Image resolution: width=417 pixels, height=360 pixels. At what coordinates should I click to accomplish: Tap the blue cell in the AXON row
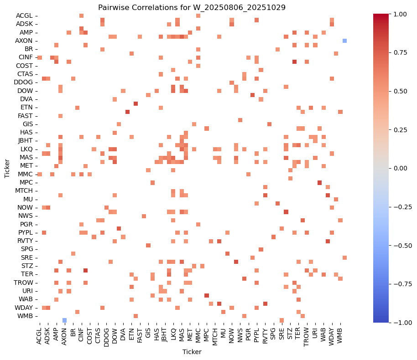click(344, 41)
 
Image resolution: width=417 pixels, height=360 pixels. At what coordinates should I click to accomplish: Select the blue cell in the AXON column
click(64, 320)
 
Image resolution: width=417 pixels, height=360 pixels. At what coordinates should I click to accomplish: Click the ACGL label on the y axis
click(24, 15)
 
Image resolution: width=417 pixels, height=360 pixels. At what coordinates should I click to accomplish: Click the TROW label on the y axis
click(24, 282)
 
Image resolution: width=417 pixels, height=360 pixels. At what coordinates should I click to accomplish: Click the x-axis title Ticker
click(192, 352)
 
